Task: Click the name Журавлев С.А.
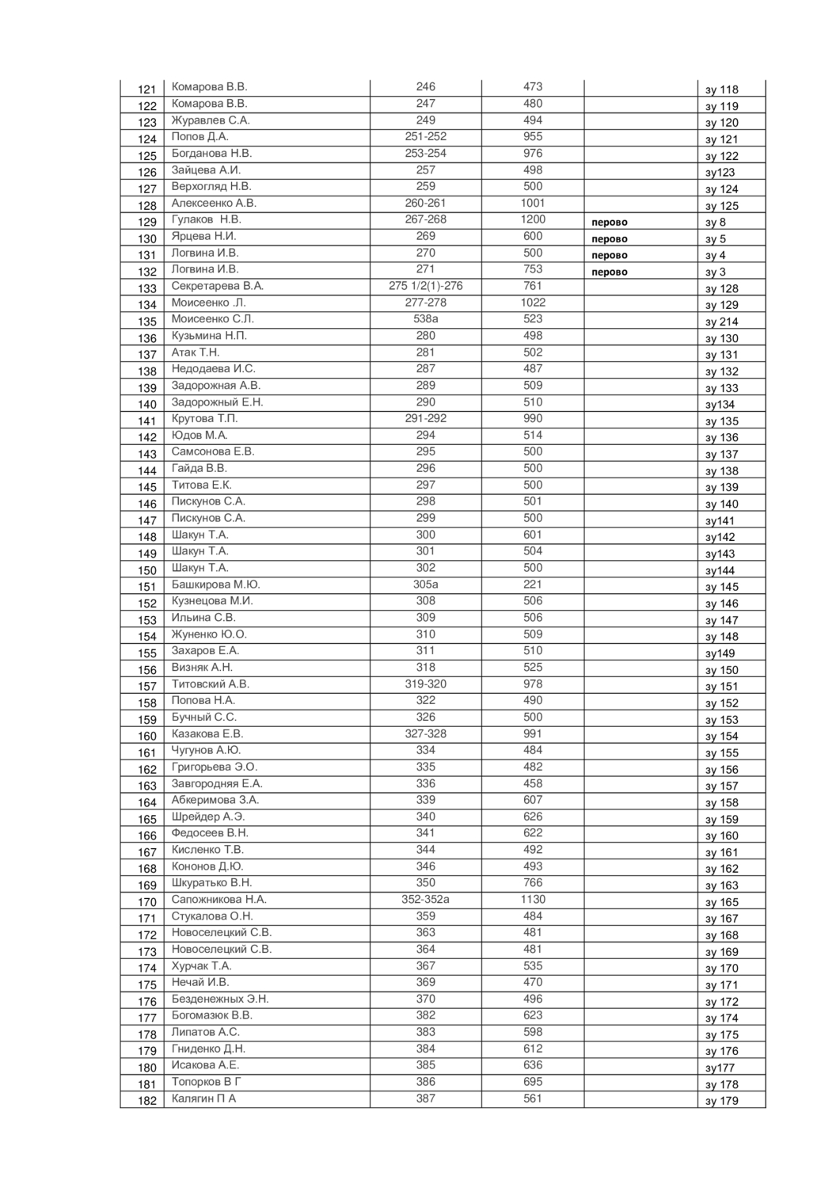click(211, 120)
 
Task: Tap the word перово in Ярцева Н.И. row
click(610, 238)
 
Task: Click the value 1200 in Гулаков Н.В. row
click(533, 219)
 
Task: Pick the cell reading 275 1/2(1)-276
click(425, 286)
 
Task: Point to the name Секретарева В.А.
click(218, 286)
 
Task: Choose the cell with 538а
click(425, 318)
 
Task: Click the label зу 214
click(721, 322)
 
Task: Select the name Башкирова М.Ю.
click(216, 584)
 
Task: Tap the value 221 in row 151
click(533, 584)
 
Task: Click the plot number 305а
click(425, 584)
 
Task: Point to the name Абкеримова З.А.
click(215, 800)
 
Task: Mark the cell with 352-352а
click(425, 899)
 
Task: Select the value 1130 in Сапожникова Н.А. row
click(533, 899)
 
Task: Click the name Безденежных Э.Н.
click(220, 999)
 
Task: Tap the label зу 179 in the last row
click(721, 1101)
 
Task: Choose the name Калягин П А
click(203, 1099)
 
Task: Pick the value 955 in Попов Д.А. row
click(533, 136)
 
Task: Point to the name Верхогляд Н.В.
click(211, 186)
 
